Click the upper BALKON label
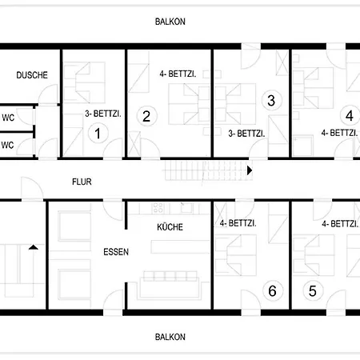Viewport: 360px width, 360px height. coord(170,22)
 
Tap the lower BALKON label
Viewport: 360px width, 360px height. coord(170,337)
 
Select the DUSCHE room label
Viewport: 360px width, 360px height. coord(32,75)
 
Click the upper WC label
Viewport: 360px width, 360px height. coord(8,118)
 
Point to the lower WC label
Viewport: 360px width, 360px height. coord(7,146)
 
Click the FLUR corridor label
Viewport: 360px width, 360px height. coord(82,182)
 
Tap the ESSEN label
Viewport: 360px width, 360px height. coord(116,252)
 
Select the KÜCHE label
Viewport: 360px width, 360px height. coord(170,227)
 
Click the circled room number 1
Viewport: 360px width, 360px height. coord(98,134)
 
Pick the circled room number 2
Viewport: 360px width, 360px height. coord(146,116)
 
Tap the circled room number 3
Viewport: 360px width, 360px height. coord(271,101)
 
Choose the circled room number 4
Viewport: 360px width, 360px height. coord(350,116)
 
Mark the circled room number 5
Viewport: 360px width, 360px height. coord(313,291)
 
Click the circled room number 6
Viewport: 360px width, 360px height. coord(272,291)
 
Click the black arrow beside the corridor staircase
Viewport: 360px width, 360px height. coord(250,170)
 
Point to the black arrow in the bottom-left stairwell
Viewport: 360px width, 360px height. coord(34,247)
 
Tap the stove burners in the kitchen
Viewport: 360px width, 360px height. coord(158,208)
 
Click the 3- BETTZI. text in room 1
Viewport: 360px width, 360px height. coord(103,114)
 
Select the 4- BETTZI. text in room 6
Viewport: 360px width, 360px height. coord(238,223)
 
